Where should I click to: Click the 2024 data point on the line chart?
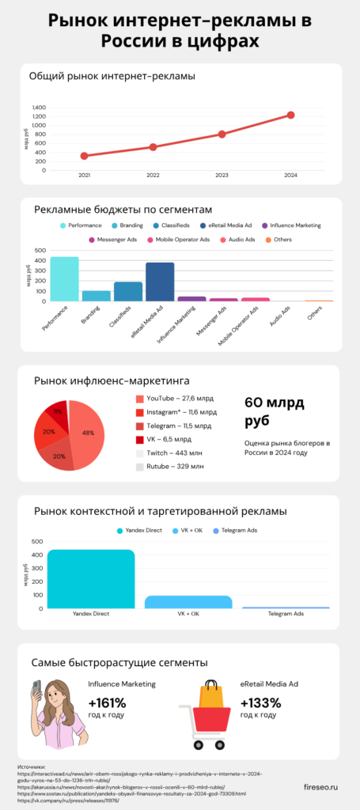290,115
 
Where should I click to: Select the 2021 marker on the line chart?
84,156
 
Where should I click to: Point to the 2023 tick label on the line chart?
222,175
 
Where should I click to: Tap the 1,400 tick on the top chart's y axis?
40,107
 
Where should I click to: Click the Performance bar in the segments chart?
64,278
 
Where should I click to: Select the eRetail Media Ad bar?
160,282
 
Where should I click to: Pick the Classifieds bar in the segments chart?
128,291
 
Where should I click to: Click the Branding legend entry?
127,225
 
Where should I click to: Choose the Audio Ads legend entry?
240,239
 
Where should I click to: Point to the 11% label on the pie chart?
58,412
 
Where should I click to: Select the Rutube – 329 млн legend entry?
175,467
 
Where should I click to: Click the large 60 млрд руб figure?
273,411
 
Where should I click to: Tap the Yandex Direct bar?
91,578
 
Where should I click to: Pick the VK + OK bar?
188,602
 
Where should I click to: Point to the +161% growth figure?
108,703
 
